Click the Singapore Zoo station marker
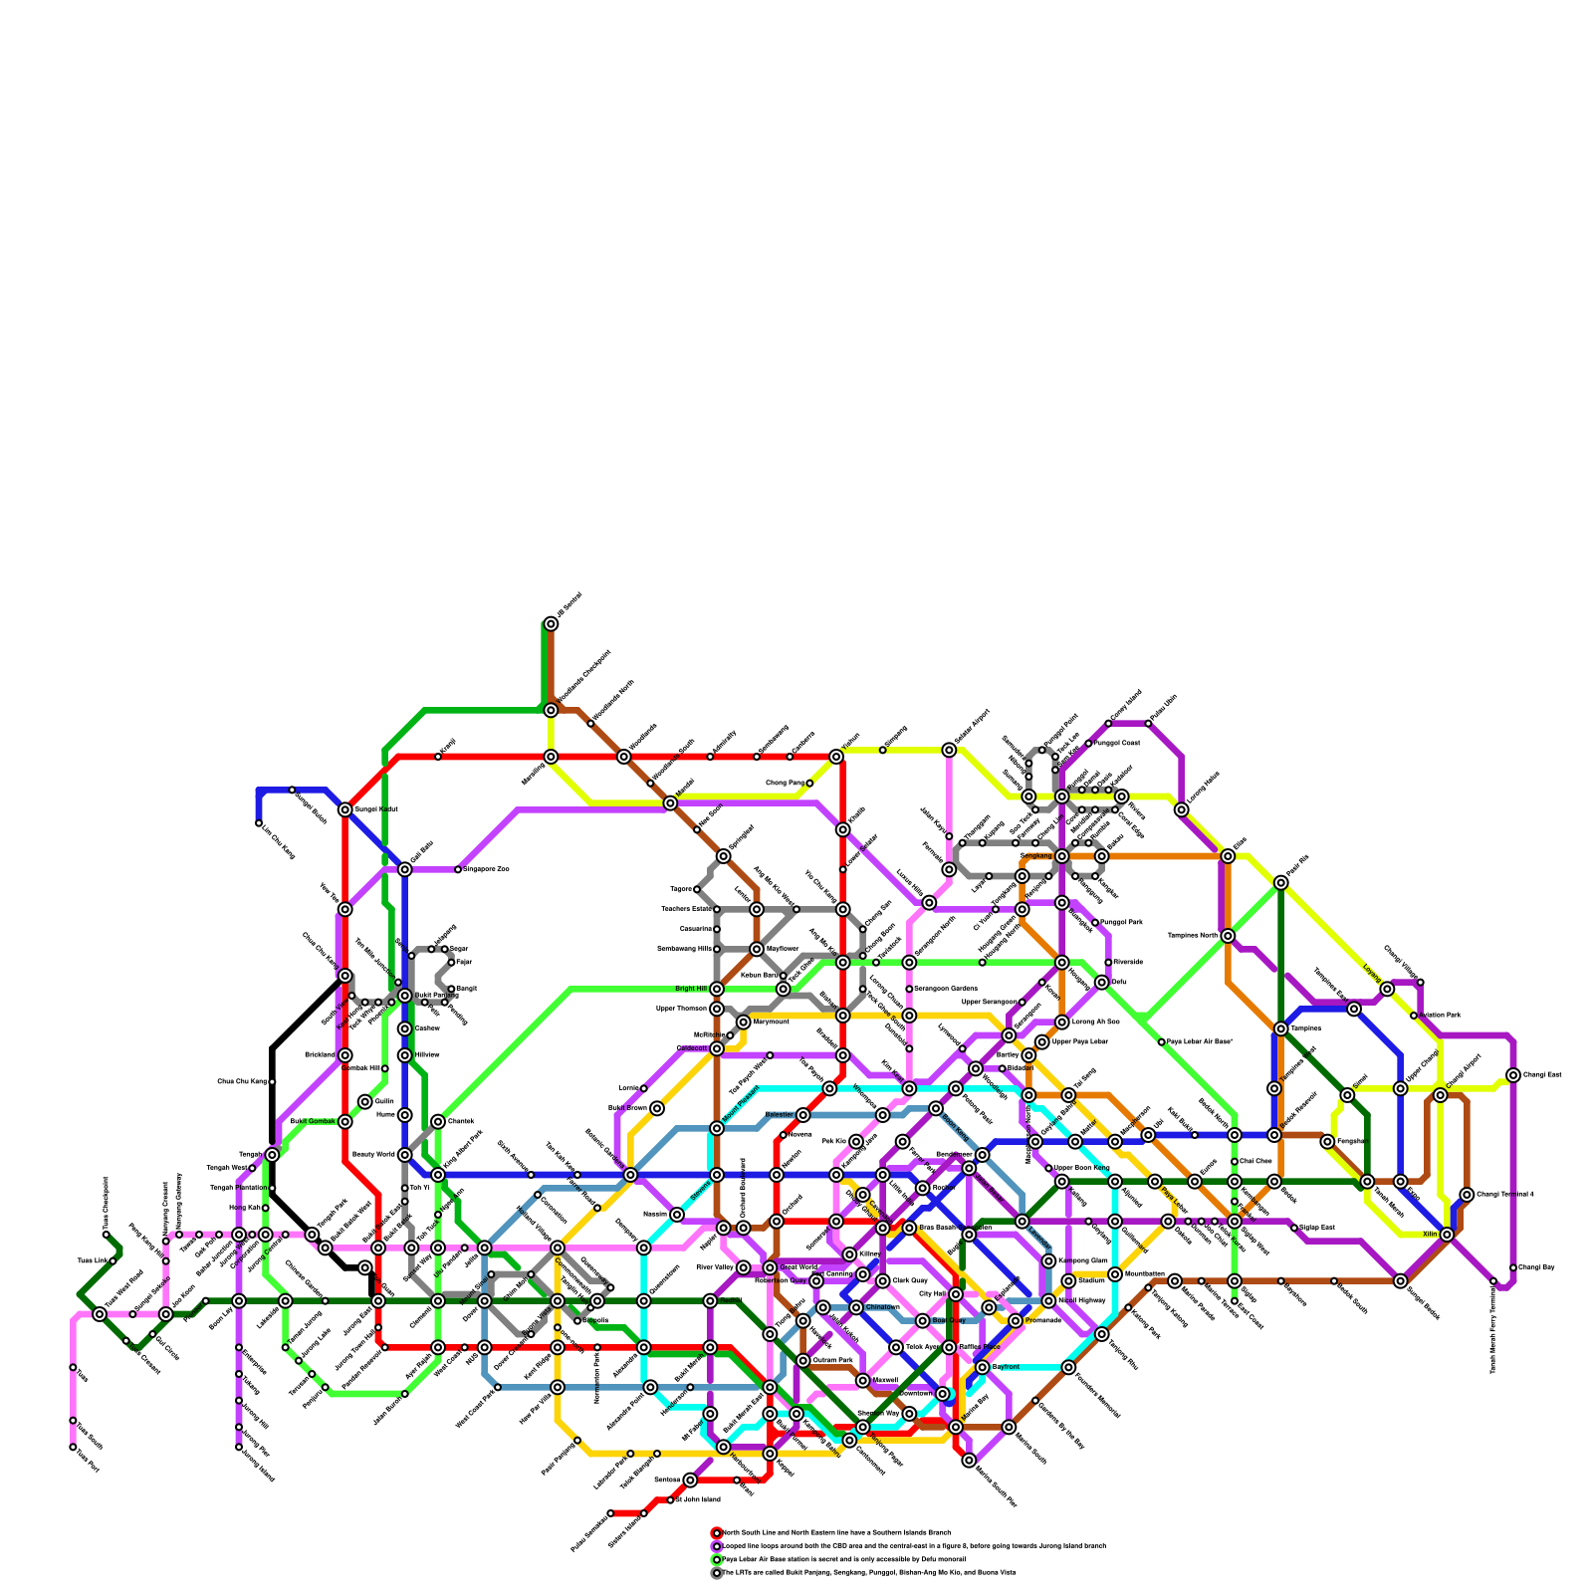(x=458, y=869)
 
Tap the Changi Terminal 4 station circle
(x=1467, y=1195)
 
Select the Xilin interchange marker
(x=1447, y=1235)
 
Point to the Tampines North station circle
(x=1228, y=936)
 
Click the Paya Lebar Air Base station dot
(x=1161, y=1041)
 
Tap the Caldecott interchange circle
(x=717, y=1048)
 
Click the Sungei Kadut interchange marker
(x=344, y=809)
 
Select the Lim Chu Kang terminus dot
(x=259, y=823)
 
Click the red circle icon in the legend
(x=716, y=1532)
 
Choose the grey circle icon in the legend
(x=716, y=1573)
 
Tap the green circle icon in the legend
(x=716, y=1559)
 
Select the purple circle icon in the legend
(x=716, y=1546)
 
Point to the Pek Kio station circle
(x=856, y=1141)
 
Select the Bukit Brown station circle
(x=657, y=1108)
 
